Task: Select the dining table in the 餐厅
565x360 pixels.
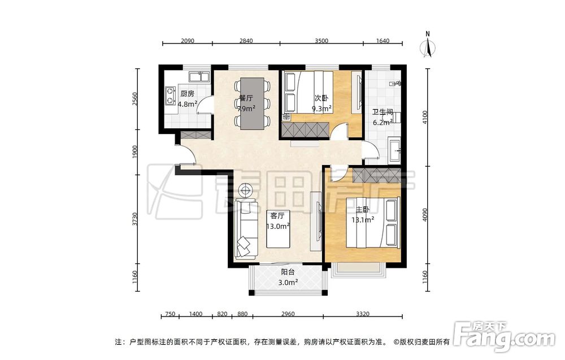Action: pyautogui.click(x=252, y=103)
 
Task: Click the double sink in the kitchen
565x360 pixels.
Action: pyautogui.click(x=199, y=77)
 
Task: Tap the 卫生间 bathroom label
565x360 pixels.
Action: pyautogui.click(x=382, y=112)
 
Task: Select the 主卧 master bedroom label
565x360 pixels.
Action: pyautogui.click(x=363, y=210)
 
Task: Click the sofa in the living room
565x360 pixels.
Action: pyautogui.click(x=246, y=228)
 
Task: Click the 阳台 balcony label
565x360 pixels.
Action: pyautogui.click(x=288, y=272)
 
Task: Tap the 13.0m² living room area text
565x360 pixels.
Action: pyautogui.click(x=278, y=226)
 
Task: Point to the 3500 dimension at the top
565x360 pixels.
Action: pyautogui.click(x=321, y=41)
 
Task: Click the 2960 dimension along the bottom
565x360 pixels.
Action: pyautogui.click(x=288, y=314)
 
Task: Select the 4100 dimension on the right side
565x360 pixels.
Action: pyautogui.click(x=425, y=117)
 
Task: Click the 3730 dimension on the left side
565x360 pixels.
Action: pyautogui.click(x=135, y=219)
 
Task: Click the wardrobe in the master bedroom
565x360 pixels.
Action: pyautogui.click(x=376, y=175)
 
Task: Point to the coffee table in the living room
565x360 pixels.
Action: pyautogui.click(x=278, y=235)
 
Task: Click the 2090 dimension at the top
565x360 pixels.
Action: pyautogui.click(x=188, y=41)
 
